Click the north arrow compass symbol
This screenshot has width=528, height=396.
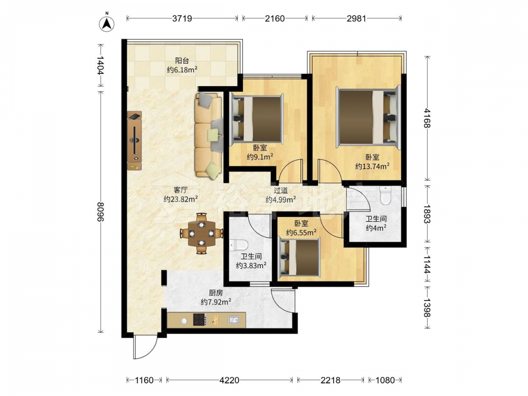pos(107,23)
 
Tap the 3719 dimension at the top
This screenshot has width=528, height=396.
pos(182,18)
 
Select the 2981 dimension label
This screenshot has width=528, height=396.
pos(356,18)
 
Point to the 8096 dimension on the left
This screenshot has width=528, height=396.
pos(100,212)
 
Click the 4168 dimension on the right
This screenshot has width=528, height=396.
pos(427,118)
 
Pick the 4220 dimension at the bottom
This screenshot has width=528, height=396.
pos(229,380)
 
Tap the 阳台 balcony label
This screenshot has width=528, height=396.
pos(182,61)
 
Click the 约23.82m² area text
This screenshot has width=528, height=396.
pos(181,199)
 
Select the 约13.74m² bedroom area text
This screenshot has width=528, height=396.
pos(372,166)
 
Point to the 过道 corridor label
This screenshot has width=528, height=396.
pos(280,191)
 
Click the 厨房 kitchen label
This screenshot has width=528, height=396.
pos(216,293)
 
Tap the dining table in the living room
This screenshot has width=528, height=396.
pos(201,233)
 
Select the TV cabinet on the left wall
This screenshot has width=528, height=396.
pos(134,141)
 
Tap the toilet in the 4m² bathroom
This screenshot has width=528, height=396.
pos(384,195)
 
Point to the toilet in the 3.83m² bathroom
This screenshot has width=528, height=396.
pos(239,245)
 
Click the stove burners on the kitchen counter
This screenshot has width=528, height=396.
pos(200,319)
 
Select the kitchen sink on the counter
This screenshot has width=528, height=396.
pos(233,319)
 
